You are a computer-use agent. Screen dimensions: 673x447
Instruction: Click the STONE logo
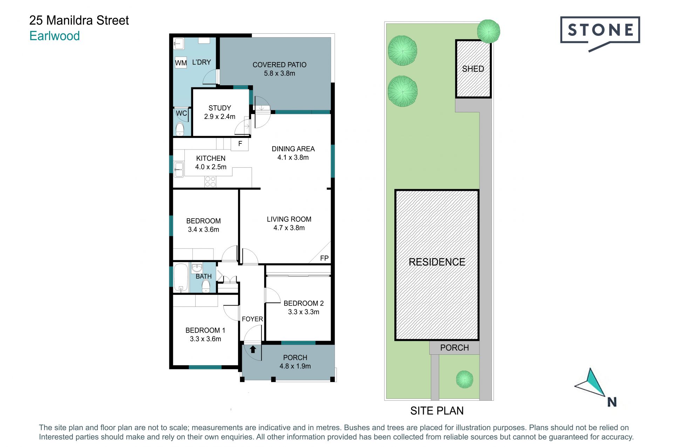tap(600, 33)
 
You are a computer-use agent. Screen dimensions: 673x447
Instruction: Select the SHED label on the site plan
tap(473, 69)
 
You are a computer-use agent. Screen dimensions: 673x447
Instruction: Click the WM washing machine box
tap(181, 63)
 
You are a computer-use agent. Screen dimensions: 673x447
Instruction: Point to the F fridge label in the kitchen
tap(240, 144)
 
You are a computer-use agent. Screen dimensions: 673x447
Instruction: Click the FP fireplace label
tap(324, 258)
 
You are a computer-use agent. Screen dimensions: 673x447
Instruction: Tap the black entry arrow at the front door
tap(253, 349)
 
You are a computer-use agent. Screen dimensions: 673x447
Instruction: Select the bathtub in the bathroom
tap(181, 278)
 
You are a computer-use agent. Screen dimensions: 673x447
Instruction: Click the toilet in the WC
tap(180, 129)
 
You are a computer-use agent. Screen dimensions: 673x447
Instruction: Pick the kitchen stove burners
tap(210, 182)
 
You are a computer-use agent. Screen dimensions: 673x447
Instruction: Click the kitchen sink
tap(179, 170)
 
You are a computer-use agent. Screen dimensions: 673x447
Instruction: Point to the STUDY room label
tap(220, 108)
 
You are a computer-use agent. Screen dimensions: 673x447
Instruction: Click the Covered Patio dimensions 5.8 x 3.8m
tap(279, 73)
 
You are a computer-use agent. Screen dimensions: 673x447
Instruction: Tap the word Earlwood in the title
tap(55, 36)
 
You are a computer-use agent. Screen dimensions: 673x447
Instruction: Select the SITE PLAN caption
tap(437, 411)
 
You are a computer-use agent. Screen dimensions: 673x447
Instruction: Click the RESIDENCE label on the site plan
tap(437, 262)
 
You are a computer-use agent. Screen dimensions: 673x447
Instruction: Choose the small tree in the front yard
tap(464, 379)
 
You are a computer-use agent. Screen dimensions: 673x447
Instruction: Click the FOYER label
tap(252, 319)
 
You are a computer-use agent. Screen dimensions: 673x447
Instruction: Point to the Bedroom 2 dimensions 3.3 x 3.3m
tap(304, 312)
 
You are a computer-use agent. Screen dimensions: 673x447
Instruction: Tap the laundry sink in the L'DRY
tap(179, 44)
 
